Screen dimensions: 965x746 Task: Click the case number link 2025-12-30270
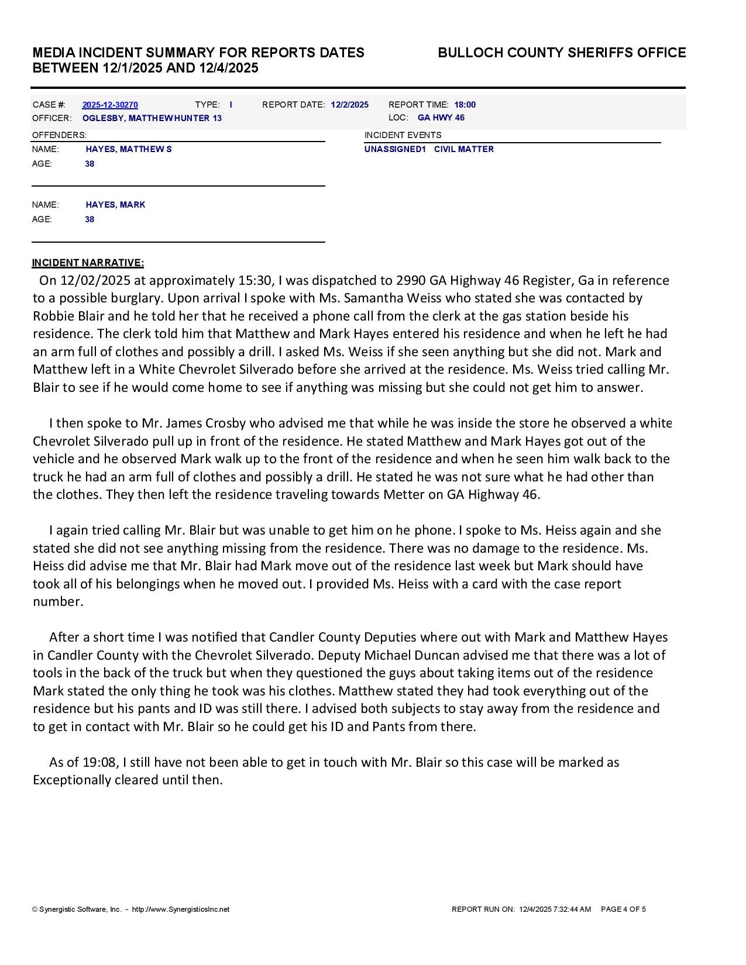click(110, 105)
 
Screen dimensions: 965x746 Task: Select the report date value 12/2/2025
click(349, 105)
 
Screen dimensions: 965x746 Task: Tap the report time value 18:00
click(465, 105)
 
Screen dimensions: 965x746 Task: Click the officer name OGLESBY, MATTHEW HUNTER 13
click(152, 118)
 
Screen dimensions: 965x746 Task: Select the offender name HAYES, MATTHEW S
click(129, 149)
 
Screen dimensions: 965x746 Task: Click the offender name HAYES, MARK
click(115, 205)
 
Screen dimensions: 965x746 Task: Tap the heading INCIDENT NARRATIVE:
click(88, 263)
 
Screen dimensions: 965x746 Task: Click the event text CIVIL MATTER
click(463, 149)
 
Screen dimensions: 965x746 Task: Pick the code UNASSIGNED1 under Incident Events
click(395, 149)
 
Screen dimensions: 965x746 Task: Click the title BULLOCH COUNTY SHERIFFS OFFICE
click(562, 53)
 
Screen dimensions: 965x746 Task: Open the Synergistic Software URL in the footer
click(181, 909)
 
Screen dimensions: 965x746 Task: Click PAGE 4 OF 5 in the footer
click(623, 909)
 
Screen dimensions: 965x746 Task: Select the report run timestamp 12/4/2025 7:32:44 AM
click(555, 909)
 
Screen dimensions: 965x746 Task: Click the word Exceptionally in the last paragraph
click(72, 780)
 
